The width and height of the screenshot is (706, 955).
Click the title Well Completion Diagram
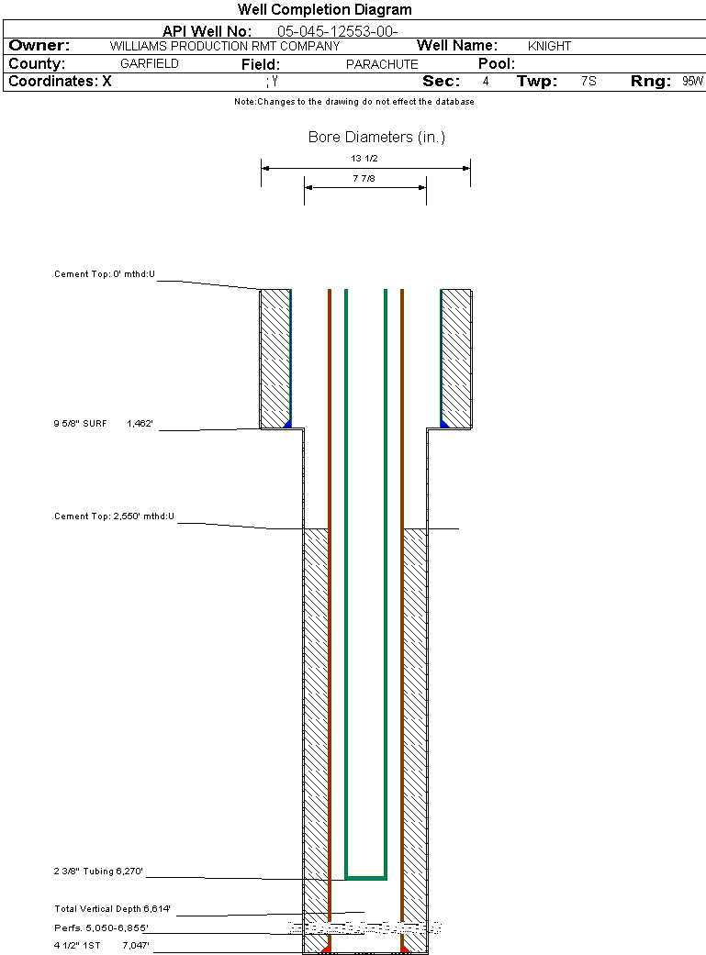coord(324,9)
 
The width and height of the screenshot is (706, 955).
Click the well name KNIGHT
coord(549,46)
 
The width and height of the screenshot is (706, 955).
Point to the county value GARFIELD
coord(150,64)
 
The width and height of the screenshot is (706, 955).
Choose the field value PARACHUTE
coord(382,64)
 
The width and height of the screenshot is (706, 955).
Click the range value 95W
coord(692,82)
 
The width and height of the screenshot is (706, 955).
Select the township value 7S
coord(588,82)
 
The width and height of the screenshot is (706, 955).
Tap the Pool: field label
coord(497,64)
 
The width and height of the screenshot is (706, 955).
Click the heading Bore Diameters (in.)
coord(376,138)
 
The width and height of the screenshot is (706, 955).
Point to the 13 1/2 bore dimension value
coord(364,158)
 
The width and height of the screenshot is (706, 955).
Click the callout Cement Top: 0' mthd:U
coord(105,273)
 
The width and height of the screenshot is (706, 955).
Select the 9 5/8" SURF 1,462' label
coord(103,424)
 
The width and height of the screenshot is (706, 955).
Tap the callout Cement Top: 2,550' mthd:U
coord(114,516)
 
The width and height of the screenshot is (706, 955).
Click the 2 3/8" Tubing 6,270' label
coord(98,872)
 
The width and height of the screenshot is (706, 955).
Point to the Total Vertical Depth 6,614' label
coord(113,909)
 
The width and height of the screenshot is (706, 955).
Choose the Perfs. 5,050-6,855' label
coord(101,928)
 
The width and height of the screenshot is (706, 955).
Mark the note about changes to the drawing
coord(354,102)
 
